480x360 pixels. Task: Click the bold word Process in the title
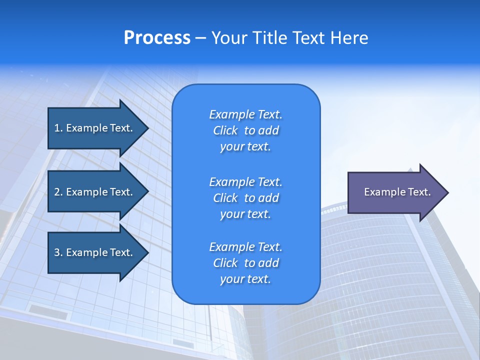[x=157, y=38]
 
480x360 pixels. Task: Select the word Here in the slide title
[x=348, y=38]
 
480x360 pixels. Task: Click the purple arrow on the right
[x=395, y=192]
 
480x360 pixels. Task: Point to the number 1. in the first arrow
[x=58, y=128]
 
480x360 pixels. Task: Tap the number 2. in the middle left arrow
[x=58, y=192]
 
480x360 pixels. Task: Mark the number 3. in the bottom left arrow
[x=58, y=252]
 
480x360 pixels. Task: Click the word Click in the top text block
[x=225, y=130]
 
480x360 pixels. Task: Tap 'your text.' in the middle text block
[x=245, y=214]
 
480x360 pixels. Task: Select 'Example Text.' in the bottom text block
[x=245, y=247]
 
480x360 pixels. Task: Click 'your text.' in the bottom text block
[x=245, y=279]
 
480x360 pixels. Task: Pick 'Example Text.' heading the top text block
[x=245, y=114]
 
